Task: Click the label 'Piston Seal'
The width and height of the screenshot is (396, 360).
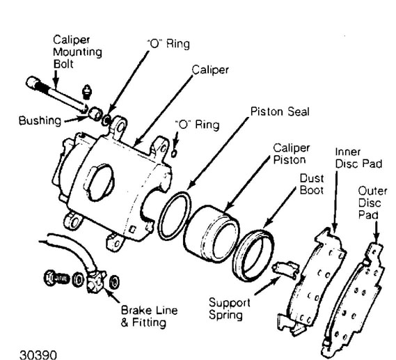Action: pyautogui.click(x=280, y=111)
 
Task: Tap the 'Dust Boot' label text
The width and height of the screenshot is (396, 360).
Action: pyautogui.click(x=312, y=185)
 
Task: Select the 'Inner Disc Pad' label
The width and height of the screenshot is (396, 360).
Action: pyautogui.click(x=358, y=158)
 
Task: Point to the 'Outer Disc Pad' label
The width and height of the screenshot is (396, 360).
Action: pyautogui.click(x=372, y=203)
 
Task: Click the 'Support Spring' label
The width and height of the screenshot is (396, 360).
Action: pyautogui.click(x=229, y=308)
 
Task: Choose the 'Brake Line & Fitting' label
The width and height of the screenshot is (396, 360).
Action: pyautogui.click(x=149, y=316)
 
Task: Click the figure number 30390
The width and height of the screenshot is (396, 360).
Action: pyautogui.click(x=38, y=354)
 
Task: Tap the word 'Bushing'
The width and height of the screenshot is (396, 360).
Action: pyautogui.click(x=40, y=120)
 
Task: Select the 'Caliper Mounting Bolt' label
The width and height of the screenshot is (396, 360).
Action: pyautogui.click(x=77, y=52)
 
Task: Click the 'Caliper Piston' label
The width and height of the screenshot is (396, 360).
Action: pyautogui.click(x=292, y=154)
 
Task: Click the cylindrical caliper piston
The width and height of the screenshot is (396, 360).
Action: pyautogui.click(x=211, y=234)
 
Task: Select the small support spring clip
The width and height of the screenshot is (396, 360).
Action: pyautogui.click(x=285, y=269)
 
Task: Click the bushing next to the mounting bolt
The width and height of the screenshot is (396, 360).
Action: pyautogui.click(x=95, y=113)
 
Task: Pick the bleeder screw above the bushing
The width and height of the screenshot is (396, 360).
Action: pyautogui.click(x=86, y=92)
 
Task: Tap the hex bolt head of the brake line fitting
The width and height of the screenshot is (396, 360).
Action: pyautogui.click(x=49, y=278)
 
